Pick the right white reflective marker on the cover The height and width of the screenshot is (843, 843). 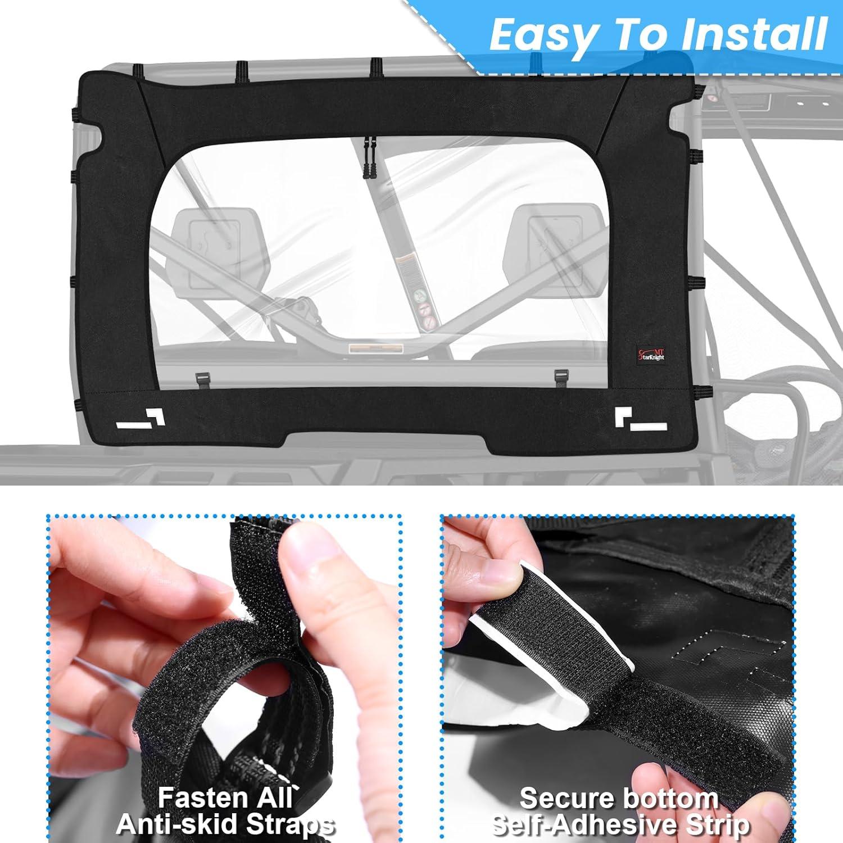641,419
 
